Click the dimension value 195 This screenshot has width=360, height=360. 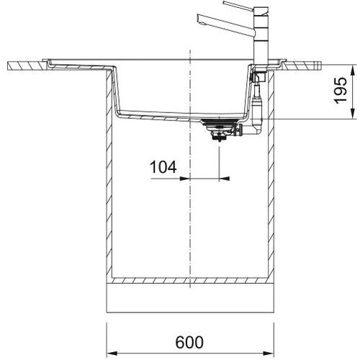(341, 90)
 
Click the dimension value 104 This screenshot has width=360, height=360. (163, 167)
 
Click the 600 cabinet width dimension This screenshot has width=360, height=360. (189, 343)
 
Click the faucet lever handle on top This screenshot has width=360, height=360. (238, 6)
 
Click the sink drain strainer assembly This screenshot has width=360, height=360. (218, 130)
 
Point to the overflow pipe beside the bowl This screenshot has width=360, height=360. (257, 101)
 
